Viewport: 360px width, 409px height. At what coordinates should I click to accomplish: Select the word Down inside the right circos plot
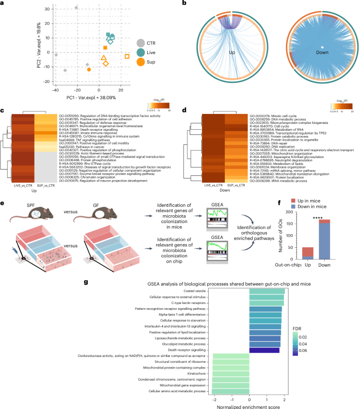click(314, 53)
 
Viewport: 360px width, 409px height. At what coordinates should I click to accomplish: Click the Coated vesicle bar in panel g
click(266, 291)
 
